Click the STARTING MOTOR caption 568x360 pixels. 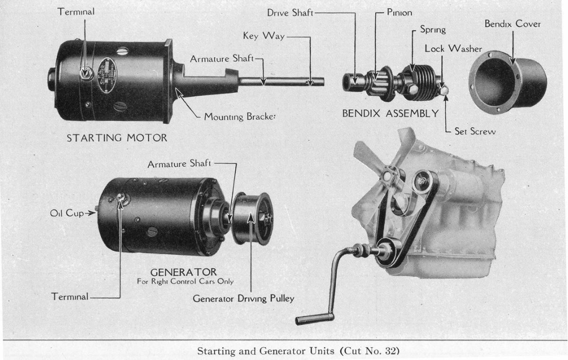click(x=116, y=138)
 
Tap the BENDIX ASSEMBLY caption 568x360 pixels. click(x=390, y=114)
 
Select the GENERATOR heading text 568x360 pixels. click(x=183, y=272)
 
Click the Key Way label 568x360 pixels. click(x=264, y=36)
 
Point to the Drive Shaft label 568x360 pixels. click(x=290, y=13)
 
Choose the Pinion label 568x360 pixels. click(x=399, y=13)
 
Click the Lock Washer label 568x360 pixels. click(x=453, y=48)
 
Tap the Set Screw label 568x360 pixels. click(x=475, y=132)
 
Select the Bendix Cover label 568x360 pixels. click(x=512, y=24)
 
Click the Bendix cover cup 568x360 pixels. click(x=506, y=82)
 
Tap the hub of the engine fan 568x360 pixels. click(x=390, y=176)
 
